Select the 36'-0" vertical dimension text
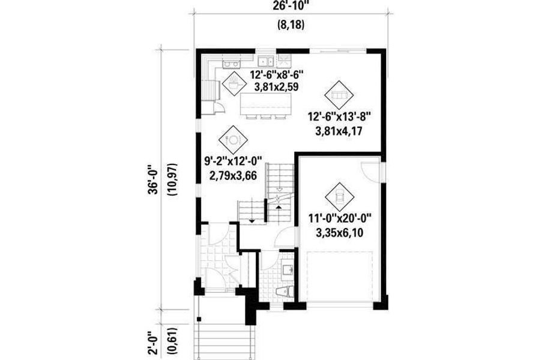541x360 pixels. click(155, 178)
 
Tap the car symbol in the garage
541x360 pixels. click(339, 195)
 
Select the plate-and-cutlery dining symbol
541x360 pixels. click(232, 139)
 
